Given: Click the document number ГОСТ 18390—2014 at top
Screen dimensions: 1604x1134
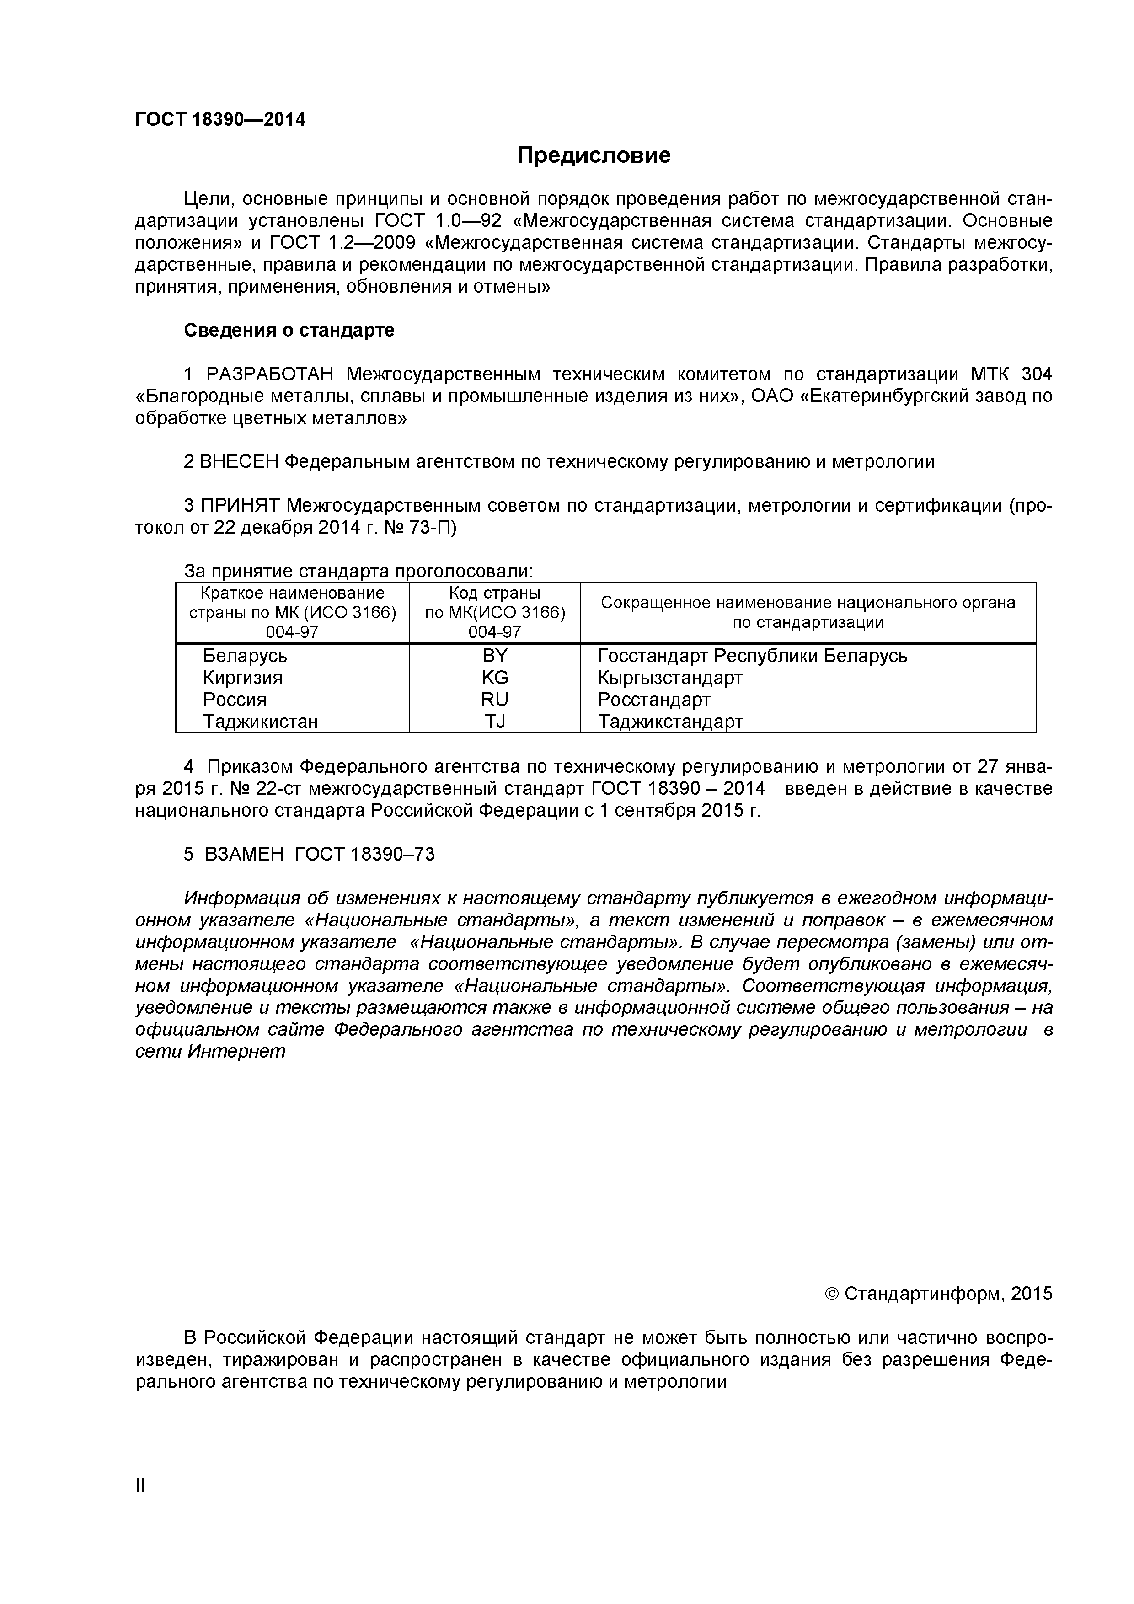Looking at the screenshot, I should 220,119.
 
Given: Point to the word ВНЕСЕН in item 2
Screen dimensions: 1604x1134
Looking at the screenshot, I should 239,462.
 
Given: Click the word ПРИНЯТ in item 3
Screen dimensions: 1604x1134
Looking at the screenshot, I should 241,505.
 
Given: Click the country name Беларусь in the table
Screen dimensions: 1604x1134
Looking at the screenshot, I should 245,655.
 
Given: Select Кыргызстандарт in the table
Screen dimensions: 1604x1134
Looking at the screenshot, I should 669,678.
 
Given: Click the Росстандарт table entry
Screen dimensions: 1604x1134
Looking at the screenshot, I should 653,699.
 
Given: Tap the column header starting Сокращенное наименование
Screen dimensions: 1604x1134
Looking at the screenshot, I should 807,612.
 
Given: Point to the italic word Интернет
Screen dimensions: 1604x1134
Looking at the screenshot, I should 237,1051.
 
